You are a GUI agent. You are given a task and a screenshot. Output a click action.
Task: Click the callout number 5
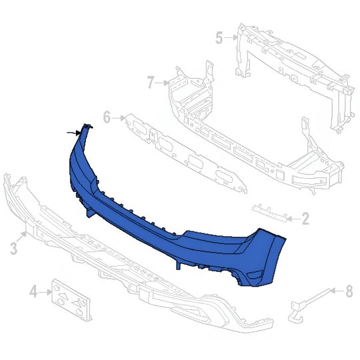coord(219,37)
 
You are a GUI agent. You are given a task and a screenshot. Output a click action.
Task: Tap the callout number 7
coord(151,83)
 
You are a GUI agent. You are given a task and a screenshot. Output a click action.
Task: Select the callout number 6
coord(107,119)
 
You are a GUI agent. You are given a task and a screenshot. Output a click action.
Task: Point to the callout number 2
coord(305,217)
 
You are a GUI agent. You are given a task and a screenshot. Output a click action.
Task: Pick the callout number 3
coord(14,249)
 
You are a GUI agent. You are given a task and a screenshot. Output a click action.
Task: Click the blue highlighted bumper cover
coord(167,213)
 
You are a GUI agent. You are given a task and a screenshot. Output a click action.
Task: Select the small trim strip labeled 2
coord(269,211)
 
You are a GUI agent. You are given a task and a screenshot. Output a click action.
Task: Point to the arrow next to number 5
coord(230,37)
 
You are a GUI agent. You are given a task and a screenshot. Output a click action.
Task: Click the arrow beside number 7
coord(162,83)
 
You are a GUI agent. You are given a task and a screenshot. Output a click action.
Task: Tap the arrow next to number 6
coord(119,119)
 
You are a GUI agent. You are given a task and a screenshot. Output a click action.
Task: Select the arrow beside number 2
coord(294,217)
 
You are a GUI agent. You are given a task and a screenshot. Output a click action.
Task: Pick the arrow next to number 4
coord(45,291)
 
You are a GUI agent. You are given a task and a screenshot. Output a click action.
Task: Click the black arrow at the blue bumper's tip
coord(73,133)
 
